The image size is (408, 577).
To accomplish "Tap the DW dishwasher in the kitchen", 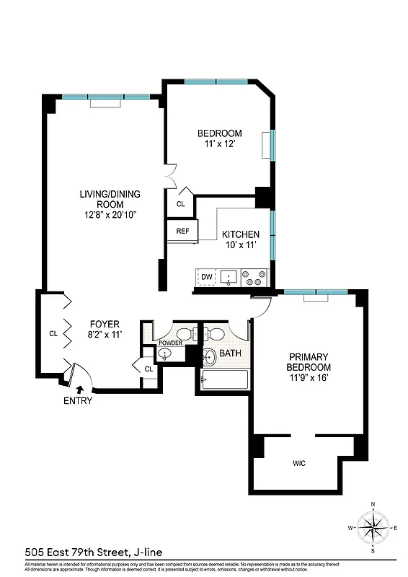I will [207, 276].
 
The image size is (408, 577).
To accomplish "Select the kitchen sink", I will [231, 276].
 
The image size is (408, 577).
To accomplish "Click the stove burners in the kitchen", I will [255, 276].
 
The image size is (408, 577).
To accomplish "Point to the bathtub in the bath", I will [225, 379].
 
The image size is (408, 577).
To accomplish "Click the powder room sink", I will [165, 353].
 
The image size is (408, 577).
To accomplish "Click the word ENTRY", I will [78, 401].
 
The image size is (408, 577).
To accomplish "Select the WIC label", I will [299, 463].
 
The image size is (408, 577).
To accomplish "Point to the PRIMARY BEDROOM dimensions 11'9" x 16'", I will [309, 377].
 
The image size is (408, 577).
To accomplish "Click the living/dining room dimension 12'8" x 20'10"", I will [110, 214].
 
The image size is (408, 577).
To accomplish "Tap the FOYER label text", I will [105, 324].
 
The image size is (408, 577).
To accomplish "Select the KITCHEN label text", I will [240, 234].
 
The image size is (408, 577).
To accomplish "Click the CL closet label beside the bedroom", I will [180, 204].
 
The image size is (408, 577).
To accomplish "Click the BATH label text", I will [231, 353].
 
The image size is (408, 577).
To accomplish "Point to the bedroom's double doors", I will [170, 177].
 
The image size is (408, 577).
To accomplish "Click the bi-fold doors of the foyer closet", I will [67, 333].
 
